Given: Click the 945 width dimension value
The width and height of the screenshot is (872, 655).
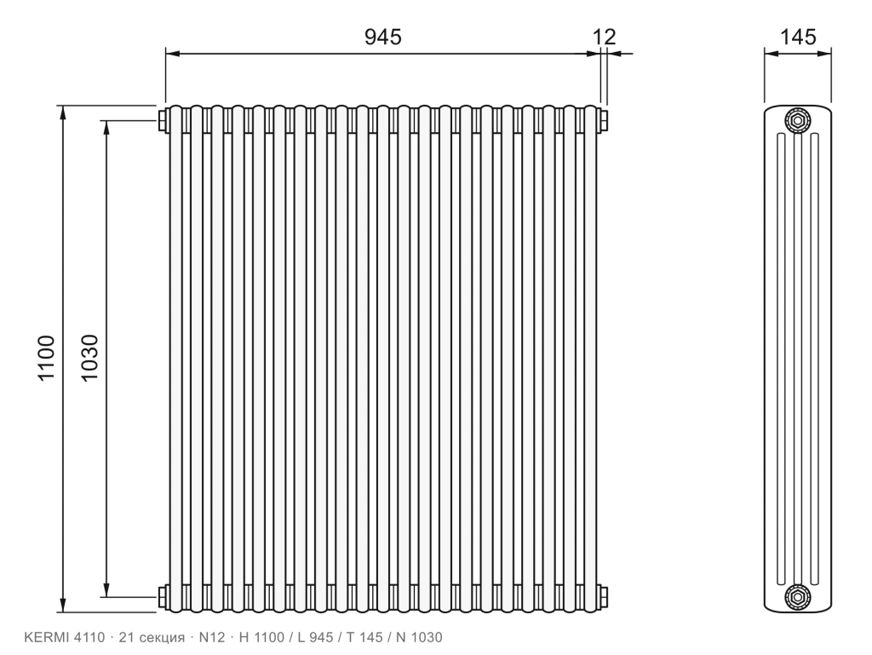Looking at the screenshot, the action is (382, 37).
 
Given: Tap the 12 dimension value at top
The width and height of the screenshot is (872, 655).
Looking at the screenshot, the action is (604, 37).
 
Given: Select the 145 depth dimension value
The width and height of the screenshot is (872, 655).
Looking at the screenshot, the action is (798, 37).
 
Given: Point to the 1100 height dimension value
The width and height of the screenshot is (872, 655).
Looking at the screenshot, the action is (46, 358).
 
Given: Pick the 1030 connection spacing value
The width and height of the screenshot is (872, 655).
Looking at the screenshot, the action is (89, 358).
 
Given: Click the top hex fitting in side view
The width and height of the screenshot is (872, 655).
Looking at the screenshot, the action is (798, 120).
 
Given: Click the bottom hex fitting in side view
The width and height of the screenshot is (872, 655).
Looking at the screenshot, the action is (798, 597).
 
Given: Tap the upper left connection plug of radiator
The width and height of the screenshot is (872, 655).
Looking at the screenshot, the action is (163, 120).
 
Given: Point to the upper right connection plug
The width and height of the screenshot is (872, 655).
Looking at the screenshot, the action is (604, 120).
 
